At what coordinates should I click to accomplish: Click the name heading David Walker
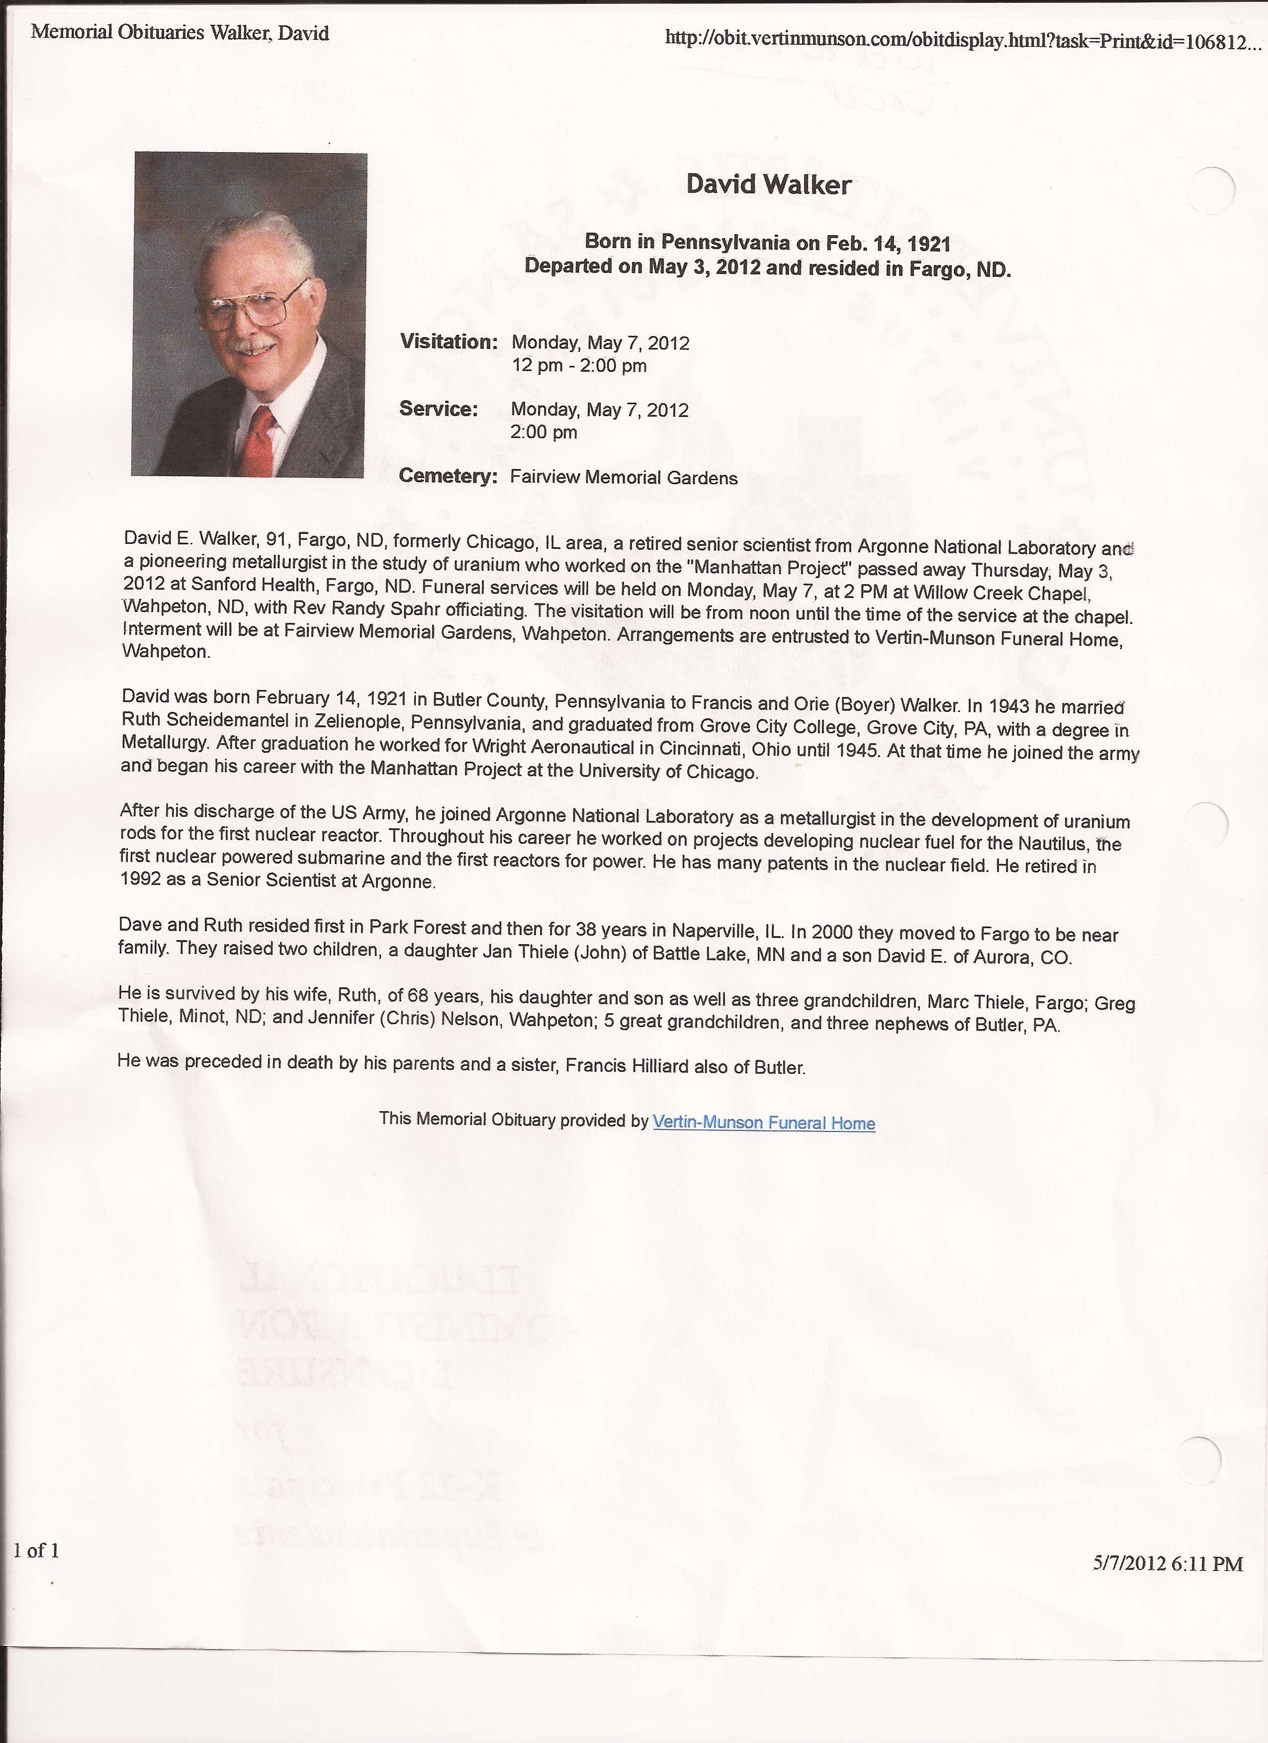pyautogui.click(x=768, y=185)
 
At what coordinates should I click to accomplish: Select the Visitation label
pyautogui.click(x=449, y=342)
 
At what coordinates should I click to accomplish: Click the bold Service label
pyautogui.click(x=438, y=409)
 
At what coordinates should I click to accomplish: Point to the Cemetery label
pyautogui.click(x=448, y=476)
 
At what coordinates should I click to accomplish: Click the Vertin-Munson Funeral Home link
pyautogui.click(x=763, y=1123)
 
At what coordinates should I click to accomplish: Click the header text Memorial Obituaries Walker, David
pyautogui.click(x=180, y=33)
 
